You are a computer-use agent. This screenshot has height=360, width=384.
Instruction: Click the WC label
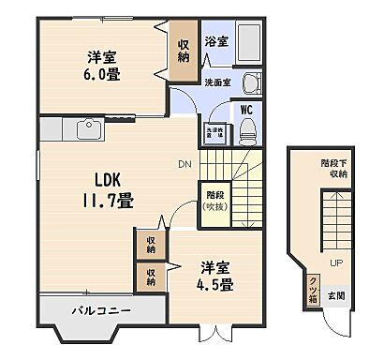(247, 109)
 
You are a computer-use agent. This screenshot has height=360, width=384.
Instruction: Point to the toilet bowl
(247, 132)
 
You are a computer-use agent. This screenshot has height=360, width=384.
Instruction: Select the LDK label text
(98, 176)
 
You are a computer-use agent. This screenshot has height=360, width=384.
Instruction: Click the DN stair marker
(184, 168)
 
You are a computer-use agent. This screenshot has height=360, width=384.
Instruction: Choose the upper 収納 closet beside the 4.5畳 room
(151, 244)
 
